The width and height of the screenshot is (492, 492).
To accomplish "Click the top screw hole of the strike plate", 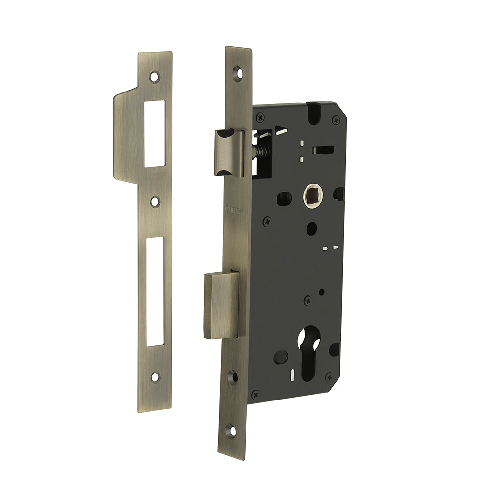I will pyautogui.click(x=155, y=77).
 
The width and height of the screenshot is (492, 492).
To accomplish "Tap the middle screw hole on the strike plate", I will pyautogui.click(x=155, y=201).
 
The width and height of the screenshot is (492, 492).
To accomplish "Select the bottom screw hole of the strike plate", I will pyautogui.click(x=155, y=377).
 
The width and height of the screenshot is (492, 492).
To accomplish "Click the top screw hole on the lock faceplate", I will pyautogui.click(x=237, y=72).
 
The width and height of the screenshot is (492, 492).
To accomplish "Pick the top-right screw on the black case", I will pyautogui.click(x=336, y=118).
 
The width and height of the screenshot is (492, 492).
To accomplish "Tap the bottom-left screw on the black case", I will pyautogui.click(x=255, y=394).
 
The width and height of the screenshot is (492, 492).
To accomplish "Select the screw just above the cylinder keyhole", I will pyautogui.click(x=307, y=299).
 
